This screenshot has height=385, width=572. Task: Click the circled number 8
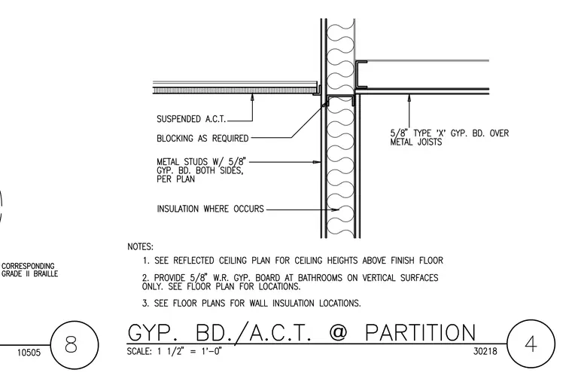click(x=71, y=344)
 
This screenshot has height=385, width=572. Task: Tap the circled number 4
click(x=531, y=344)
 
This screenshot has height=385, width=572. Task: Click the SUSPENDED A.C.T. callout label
click(x=191, y=119)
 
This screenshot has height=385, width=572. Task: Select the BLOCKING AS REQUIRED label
click(x=202, y=139)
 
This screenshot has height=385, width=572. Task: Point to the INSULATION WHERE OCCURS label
click(x=210, y=209)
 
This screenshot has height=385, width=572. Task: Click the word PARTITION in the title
click(x=420, y=333)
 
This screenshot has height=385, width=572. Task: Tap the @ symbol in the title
click(x=338, y=333)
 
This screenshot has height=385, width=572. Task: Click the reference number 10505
click(x=29, y=353)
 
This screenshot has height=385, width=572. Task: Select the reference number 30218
click(x=485, y=351)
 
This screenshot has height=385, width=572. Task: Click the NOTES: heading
click(x=141, y=247)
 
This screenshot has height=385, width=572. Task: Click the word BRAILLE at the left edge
click(x=46, y=273)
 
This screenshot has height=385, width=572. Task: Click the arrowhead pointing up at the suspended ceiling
click(x=252, y=97)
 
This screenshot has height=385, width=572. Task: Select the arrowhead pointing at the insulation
click(x=336, y=209)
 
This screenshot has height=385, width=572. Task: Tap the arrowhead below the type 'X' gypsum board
click(x=409, y=98)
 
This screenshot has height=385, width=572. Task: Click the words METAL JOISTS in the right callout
click(x=416, y=142)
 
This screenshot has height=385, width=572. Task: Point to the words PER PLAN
click(x=176, y=179)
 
